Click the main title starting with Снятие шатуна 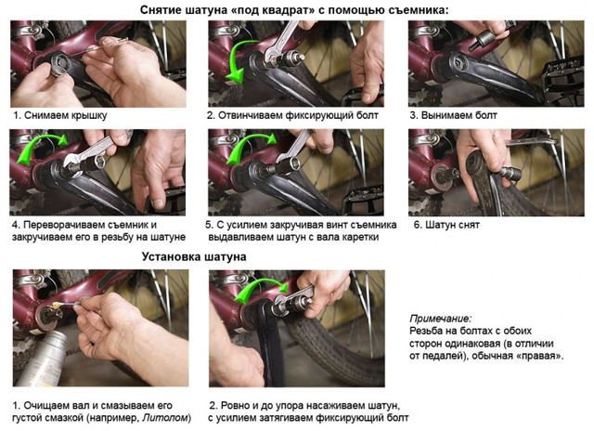click(x=294, y=10)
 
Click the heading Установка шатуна click(x=194, y=256)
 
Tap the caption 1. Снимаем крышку click(x=60, y=115)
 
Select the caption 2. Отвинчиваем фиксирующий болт click(x=292, y=115)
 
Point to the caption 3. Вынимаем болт click(x=453, y=115)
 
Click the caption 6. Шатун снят click(x=446, y=225)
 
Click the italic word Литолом click(x=165, y=418)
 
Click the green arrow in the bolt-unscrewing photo click(x=237, y=60)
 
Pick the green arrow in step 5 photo click(x=246, y=145)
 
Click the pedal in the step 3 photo click(x=562, y=82)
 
